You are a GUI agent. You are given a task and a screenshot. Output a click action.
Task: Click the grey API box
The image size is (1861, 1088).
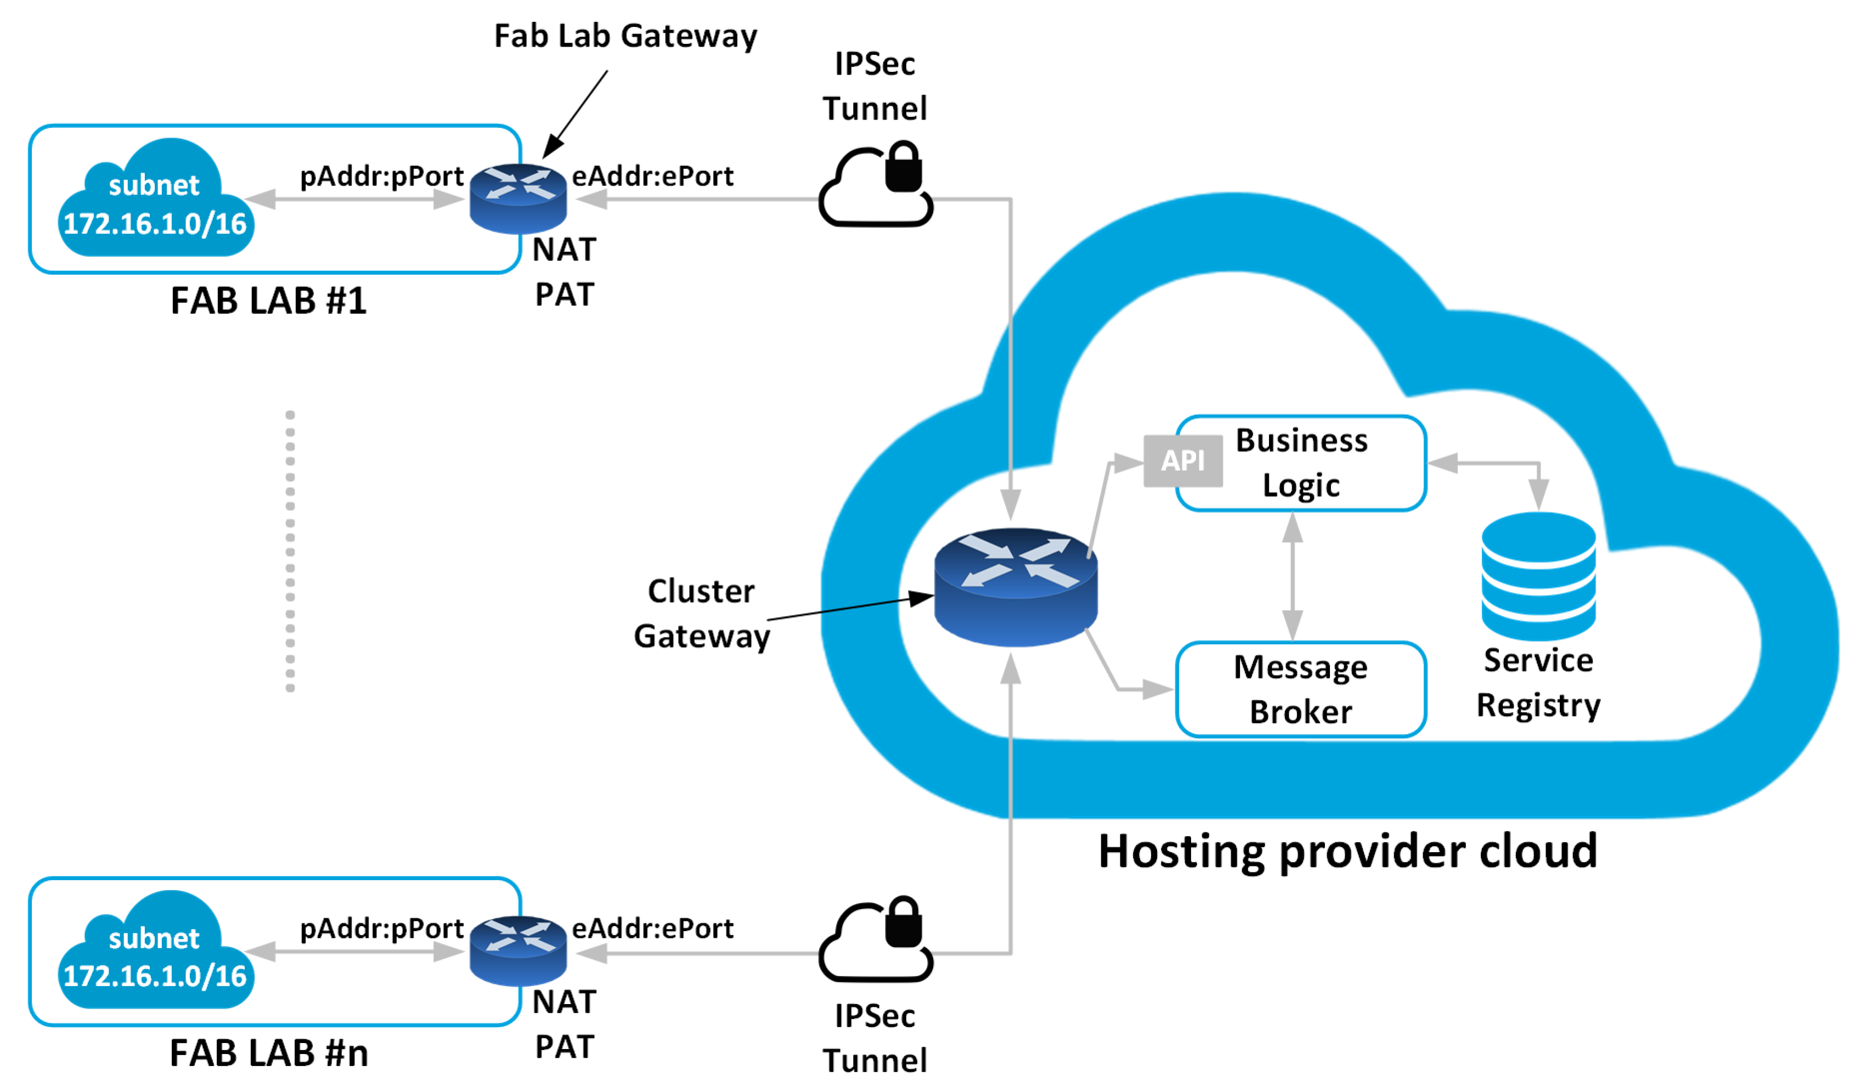click(x=1182, y=461)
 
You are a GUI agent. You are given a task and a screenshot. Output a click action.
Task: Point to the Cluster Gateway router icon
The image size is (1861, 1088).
click(x=1016, y=587)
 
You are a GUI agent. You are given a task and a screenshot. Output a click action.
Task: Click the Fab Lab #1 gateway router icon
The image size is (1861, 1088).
click(x=518, y=199)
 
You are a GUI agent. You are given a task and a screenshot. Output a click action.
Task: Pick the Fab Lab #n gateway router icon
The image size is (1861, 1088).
click(x=518, y=951)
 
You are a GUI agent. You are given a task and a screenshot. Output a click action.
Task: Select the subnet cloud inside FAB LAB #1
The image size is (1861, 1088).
click(x=155, y=201)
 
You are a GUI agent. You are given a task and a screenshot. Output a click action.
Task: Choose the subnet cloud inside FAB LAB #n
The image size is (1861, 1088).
click(x=155, y=953)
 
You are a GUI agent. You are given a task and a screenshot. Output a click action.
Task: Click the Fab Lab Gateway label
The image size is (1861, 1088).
click(x=625, y=36)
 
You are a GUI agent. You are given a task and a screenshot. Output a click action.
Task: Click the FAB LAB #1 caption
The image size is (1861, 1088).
click(x=269, y=301)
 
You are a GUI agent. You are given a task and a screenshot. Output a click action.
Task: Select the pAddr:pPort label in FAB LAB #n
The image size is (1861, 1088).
click(x=382, y=928)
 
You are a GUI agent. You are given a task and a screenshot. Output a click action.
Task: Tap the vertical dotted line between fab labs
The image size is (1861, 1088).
click(x=290, y=551)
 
